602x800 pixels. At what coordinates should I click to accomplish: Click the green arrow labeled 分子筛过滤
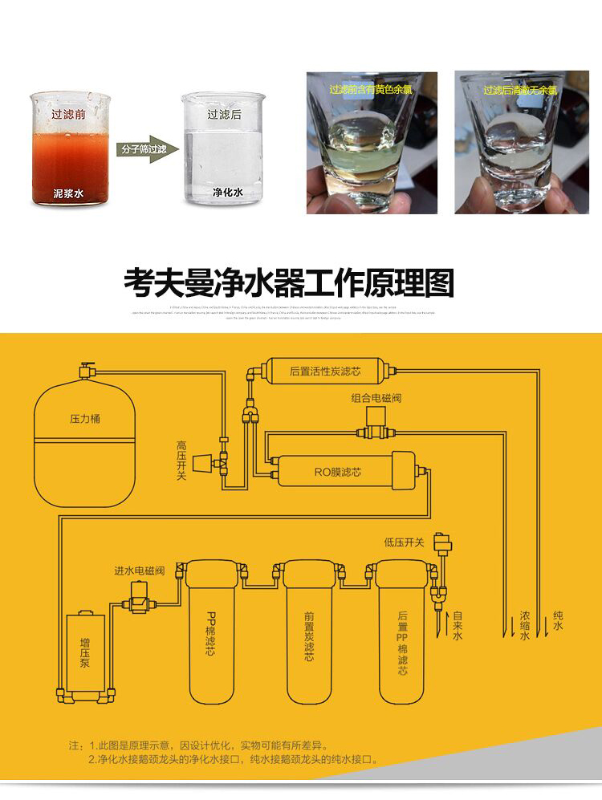145,150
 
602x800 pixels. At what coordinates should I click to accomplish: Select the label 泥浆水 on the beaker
68,193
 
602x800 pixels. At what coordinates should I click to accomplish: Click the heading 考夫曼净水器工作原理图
289,282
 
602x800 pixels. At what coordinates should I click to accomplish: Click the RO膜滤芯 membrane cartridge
337,472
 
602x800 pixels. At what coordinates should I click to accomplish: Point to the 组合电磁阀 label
375,398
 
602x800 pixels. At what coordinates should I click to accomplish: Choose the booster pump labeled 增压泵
85,654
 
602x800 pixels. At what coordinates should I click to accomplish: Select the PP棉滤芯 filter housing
211,634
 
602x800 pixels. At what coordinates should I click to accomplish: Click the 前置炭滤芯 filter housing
309,634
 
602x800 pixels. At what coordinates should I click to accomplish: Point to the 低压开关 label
404,543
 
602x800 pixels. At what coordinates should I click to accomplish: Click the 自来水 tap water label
458,626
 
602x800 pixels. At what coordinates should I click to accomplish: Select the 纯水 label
558,620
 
